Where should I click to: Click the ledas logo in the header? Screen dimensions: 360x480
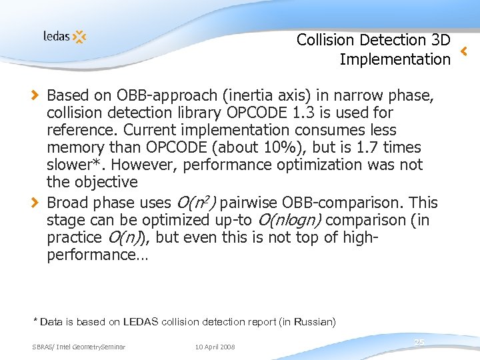[65, 36]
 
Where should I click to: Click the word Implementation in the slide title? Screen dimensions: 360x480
[395, 59]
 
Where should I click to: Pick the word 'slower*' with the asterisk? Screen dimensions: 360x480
[73, 165]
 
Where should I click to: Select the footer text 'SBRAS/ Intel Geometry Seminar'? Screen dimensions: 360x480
[79, 347]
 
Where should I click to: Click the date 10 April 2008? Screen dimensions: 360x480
[215, 347]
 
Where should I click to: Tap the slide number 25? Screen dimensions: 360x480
[419, 342]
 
